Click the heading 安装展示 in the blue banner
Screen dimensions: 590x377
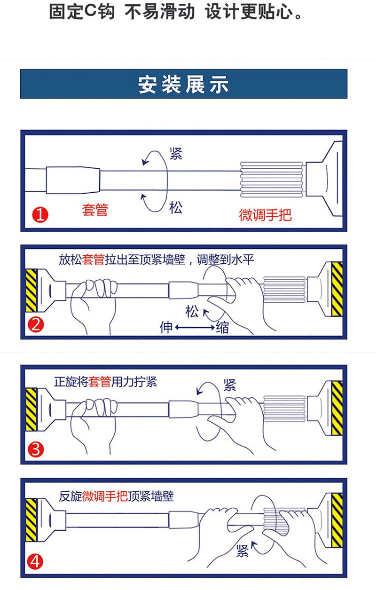183,85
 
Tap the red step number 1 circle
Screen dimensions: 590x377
39,215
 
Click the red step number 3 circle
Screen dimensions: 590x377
36,450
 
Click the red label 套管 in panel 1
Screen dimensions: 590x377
95,210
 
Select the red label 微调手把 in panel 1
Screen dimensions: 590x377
265,215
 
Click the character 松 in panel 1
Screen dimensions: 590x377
176,207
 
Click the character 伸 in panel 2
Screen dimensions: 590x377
167,327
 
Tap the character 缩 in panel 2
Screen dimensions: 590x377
222,327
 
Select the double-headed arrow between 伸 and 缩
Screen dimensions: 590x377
195,327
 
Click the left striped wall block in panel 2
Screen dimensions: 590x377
31,290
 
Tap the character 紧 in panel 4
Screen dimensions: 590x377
243,551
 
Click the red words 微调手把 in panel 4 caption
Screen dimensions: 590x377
105,496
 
